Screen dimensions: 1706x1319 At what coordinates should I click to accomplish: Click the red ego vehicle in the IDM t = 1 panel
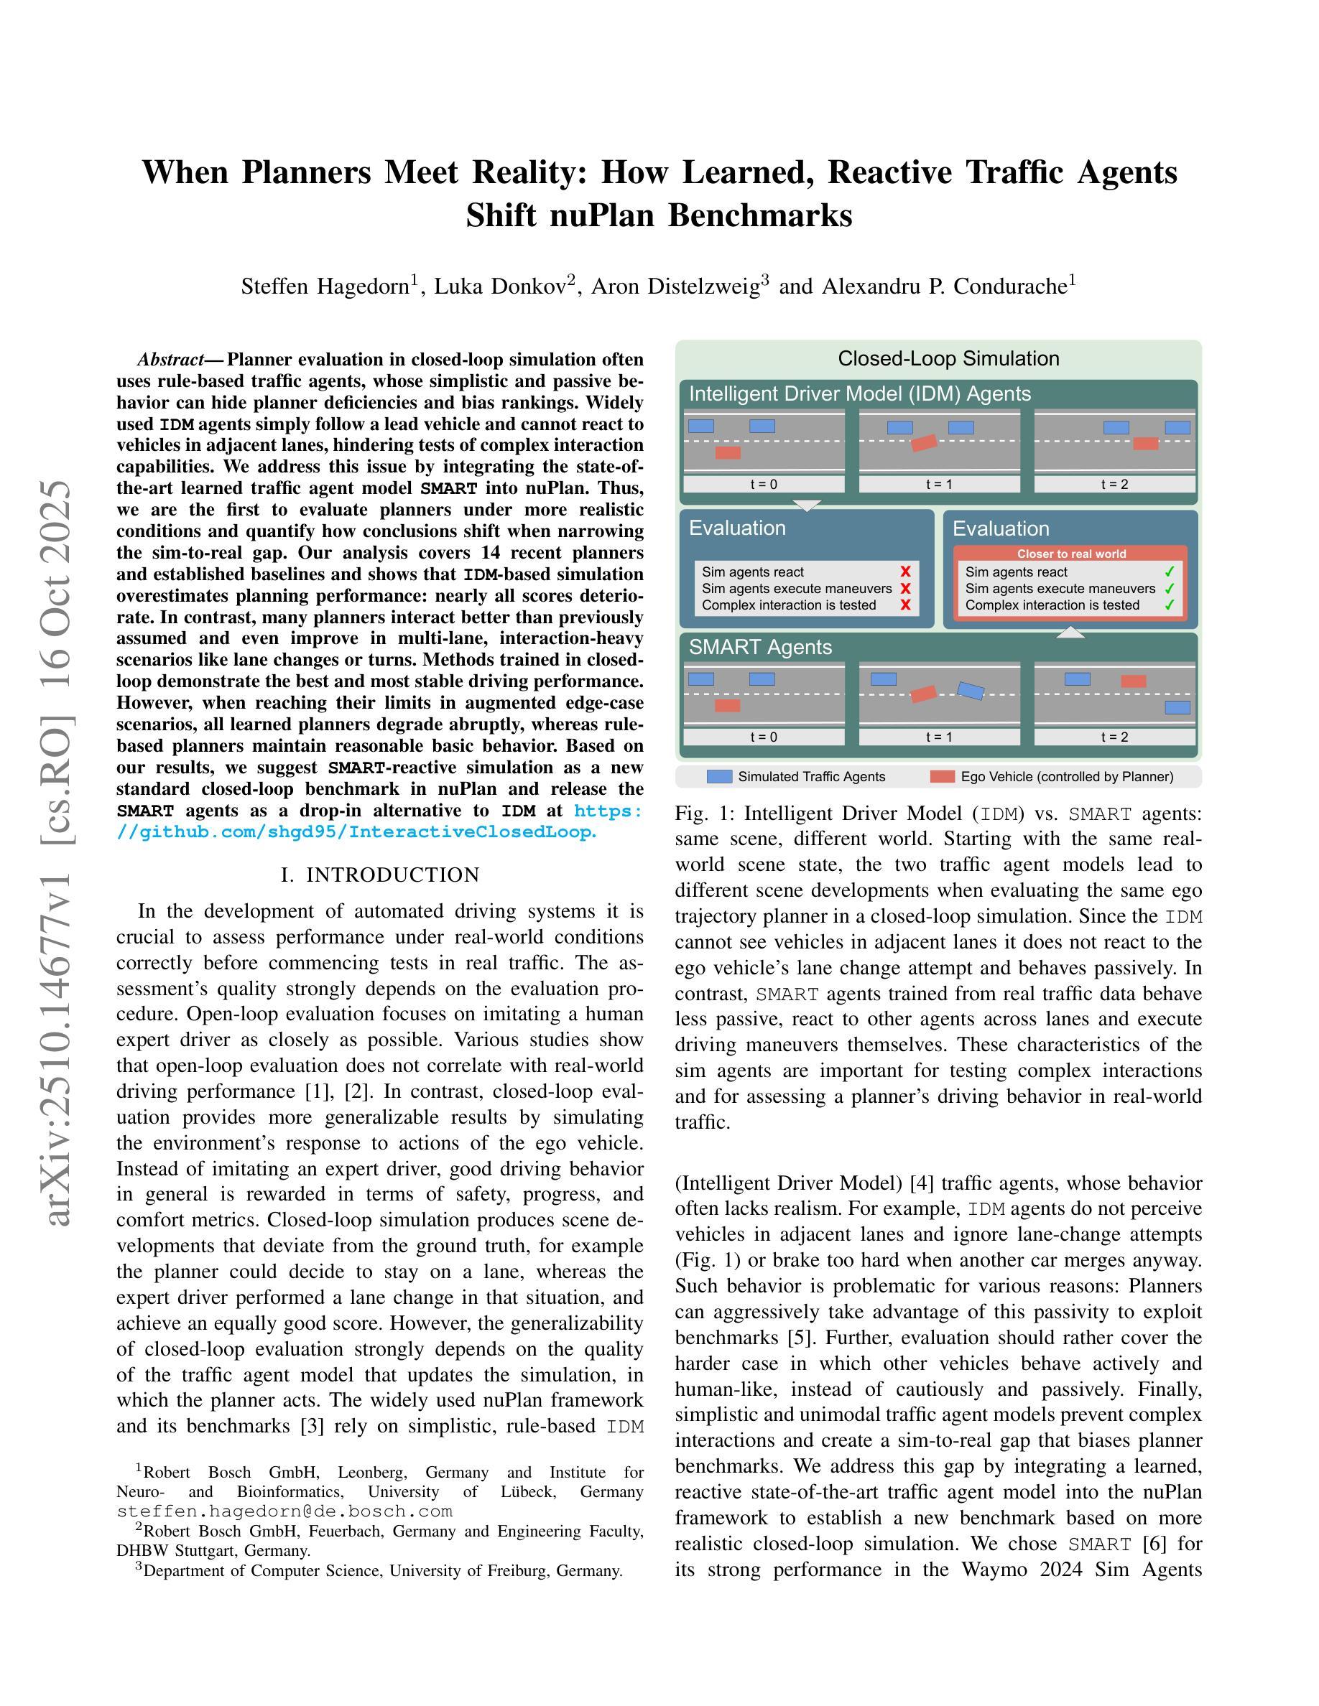click(x=924, y=443)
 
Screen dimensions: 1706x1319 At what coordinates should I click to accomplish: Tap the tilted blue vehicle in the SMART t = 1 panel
click(x=971, y=691)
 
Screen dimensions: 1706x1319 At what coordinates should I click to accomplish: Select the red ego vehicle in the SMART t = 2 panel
click(x=1133, y=681)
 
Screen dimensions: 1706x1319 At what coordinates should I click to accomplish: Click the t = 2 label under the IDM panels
click(x=1114, y=485)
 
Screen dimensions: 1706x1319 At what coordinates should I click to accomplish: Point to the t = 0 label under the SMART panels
click(x=764, y=737)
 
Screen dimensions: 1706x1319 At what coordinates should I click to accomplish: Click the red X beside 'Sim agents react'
click(x=906, y=572)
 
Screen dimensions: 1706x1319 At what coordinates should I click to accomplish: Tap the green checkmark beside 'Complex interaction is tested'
click(x=1169, y=605)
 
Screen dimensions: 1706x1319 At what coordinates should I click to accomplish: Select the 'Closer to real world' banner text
click(x=1070, y=554)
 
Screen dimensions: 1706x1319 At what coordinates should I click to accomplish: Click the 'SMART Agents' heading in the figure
click(x=759, y=647)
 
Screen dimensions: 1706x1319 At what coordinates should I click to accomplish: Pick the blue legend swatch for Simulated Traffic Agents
click(x=719, y=776)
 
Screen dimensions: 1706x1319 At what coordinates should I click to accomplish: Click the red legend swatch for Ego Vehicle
click(x=943, y=776)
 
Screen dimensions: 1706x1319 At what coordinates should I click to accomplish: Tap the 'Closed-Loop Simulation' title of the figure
click(x=948, y=358)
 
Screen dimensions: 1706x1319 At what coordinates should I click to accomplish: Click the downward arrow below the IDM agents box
click(x=806, y=505)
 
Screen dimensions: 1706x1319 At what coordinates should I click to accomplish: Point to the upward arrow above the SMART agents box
click(x=1070, y=633)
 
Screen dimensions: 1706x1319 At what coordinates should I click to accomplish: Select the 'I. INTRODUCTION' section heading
click(x=380, y=875)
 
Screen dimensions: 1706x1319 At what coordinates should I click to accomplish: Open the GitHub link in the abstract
click(x=356, y=832)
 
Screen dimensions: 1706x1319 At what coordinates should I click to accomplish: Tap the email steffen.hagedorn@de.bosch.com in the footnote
click(x=284, y=1511)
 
